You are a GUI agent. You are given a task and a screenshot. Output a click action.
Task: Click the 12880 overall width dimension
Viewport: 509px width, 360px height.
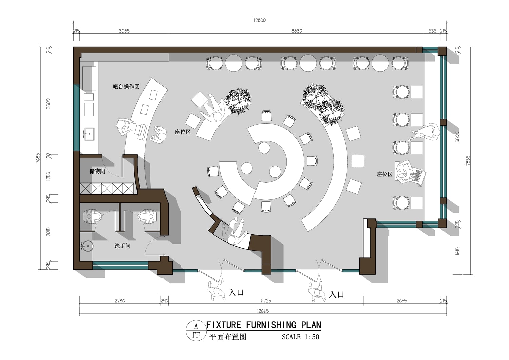(260, 20)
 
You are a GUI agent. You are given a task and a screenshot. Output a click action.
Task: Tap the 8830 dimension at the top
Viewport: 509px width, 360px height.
(297, 31)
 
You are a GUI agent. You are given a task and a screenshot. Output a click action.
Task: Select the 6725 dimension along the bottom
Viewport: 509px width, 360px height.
(266, 301)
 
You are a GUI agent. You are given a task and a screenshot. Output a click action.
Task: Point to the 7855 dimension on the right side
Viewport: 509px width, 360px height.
(468, 160)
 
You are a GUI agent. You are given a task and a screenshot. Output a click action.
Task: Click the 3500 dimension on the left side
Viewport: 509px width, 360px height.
(49, 104)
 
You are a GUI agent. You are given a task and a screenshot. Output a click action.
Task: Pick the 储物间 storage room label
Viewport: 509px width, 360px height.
(97, 171)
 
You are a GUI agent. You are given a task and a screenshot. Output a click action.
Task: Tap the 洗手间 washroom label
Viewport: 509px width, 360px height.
(122, 246)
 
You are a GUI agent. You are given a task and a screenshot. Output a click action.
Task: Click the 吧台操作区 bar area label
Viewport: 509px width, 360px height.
(126, 86)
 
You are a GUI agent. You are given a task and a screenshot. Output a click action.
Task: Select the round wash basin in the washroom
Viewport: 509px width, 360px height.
(87, 246)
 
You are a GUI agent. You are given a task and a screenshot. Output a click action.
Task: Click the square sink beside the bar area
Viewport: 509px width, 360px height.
(89, 134)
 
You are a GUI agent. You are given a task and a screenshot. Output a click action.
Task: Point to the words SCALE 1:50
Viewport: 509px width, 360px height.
(300, 337)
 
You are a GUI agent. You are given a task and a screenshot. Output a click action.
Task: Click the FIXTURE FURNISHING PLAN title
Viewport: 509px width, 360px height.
(264, 325)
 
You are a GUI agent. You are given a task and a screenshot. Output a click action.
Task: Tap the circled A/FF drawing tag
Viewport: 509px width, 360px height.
(196, 331)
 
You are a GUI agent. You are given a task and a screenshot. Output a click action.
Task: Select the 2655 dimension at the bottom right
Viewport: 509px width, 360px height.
(401, 301)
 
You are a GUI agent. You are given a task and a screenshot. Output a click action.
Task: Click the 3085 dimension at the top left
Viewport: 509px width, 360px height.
(124, 31)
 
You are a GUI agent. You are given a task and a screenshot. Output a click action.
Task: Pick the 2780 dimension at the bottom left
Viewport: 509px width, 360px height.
(120, 301)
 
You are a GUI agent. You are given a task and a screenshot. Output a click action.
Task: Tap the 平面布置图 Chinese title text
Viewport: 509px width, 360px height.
(228, 337)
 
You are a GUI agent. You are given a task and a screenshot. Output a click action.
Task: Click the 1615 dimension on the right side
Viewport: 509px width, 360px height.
(458, 251)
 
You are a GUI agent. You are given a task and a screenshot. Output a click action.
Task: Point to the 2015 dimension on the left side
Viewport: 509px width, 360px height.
(49, 232)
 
